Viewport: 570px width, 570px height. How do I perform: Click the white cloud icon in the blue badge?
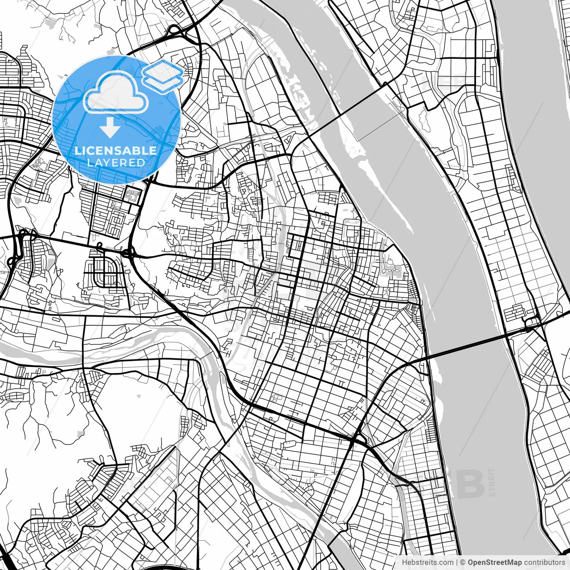116,94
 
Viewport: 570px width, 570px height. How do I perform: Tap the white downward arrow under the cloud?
110,127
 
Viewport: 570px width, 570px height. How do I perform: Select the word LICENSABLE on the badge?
116,151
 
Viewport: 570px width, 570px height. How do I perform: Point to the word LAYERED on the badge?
116,163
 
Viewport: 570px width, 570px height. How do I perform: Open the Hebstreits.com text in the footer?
427,562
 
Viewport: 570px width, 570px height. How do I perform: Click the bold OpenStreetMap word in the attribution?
494,562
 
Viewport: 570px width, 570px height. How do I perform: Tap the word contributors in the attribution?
544,562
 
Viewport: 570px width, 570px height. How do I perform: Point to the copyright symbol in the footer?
463,562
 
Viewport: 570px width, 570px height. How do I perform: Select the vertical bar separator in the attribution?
457,562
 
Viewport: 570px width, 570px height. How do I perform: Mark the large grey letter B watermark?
470,484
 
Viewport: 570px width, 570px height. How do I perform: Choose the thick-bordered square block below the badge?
132,195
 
